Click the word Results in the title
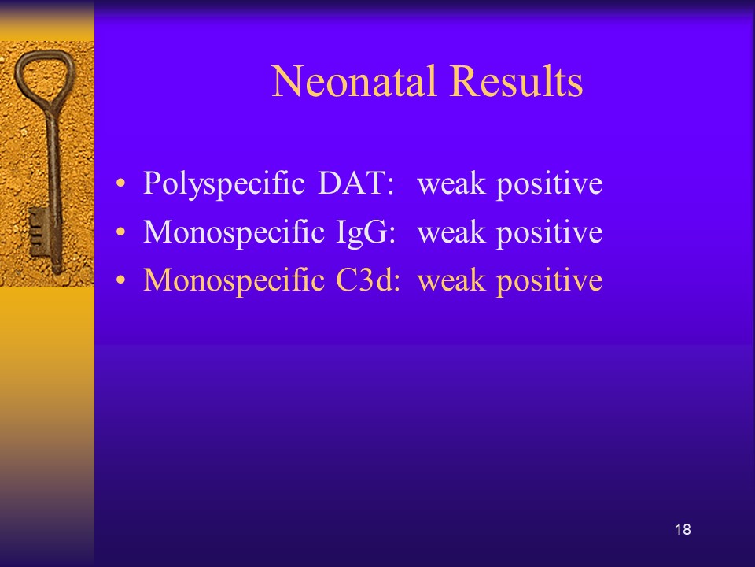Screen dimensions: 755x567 pos(517,81)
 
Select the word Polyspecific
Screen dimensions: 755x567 pos(224,184)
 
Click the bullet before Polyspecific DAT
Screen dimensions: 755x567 pos(120,184)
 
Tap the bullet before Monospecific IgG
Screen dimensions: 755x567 pos(120,232)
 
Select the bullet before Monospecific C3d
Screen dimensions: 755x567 pos(120,280)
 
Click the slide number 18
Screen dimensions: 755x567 pos(683,529)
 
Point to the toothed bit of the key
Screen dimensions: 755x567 pos(38,233)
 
